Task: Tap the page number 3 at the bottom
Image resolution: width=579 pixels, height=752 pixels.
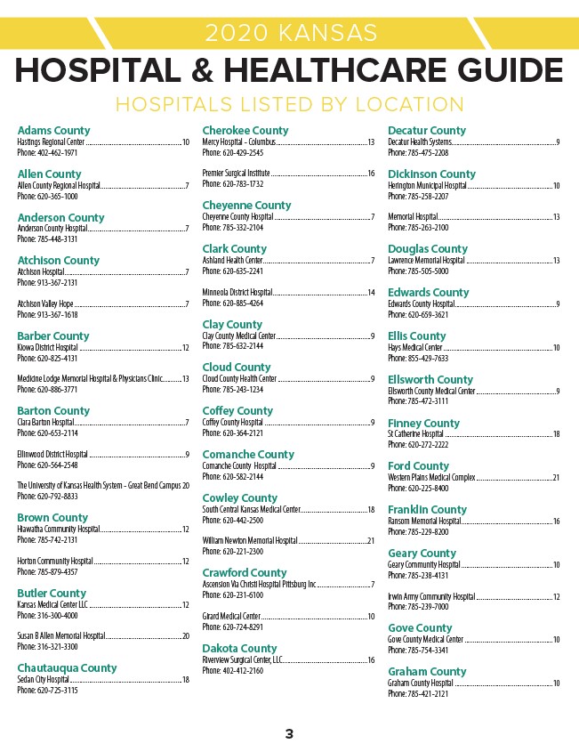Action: coord(289,734)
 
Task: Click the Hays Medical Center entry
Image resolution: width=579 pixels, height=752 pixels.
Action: coord(415,347)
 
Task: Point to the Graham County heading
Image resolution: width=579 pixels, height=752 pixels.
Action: coord(427,672)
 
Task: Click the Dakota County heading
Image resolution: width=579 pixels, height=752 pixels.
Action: coord(239,648)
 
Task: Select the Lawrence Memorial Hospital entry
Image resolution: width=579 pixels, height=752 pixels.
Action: coord(426,260)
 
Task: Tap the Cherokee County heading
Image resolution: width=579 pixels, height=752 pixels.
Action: coord(245,131)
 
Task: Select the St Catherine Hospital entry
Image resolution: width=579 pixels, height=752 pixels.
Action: coord(415,433)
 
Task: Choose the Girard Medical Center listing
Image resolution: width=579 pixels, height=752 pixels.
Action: coord(231,616)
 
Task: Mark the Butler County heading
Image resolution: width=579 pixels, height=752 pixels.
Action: coord(52,593)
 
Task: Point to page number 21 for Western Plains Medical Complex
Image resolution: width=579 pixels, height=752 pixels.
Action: coord(556,477)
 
